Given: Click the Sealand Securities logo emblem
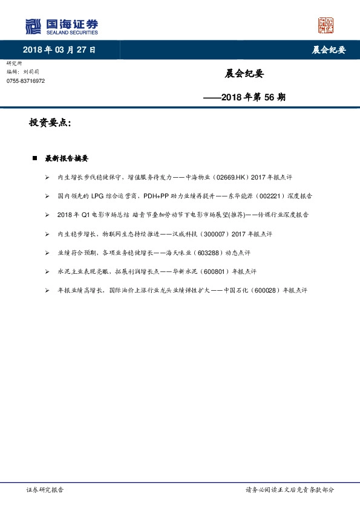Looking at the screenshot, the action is coord(33,26).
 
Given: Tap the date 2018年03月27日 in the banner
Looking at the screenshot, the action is coord(59,50).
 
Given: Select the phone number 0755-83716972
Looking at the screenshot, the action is coord(25,80).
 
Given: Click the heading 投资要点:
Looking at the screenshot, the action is coord(50,123).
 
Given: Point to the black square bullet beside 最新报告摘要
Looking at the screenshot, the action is coord(34,158).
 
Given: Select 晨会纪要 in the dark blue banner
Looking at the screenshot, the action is coord(329,50).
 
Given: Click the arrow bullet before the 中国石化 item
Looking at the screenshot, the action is coord(47,290).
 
